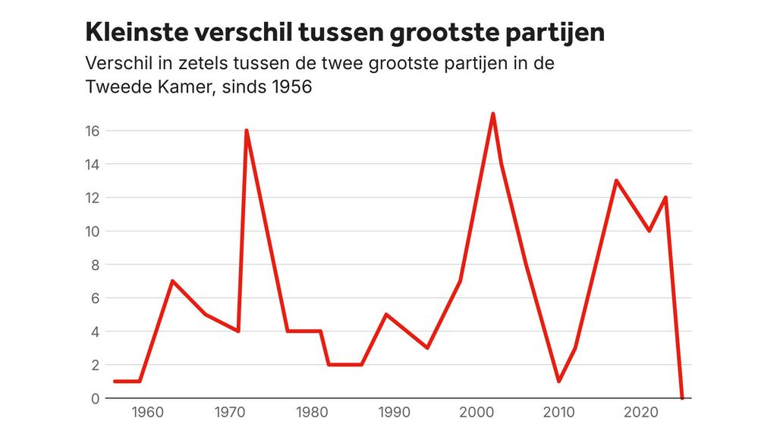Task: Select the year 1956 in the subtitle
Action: pyautogui.click(x=291, y=87)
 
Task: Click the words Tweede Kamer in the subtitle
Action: pyautogui.click(x=144, y=87)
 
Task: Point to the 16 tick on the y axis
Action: pyautogui.click(x=93, y=130)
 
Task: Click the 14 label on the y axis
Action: pyautogui.click(x=93, y=164)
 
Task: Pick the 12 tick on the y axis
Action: pyautogui.click(x=93, y=197)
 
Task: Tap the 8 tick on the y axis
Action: pyautogui.click(x=96, y=264)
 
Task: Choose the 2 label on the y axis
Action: pyautogui.click(x=96, y=365)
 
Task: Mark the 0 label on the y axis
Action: pyautogui.click(x=96, y=398)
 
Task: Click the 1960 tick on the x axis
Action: pyautogui.click(x=148, y=413)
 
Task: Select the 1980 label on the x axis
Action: pyautogui.click(x=312, y=413)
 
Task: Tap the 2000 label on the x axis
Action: pyautogui.click(x=477, y=413)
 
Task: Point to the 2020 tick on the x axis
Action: pyautogui.click(x=641, y=413)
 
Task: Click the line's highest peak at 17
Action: pyautogui.click(x=493, y=114)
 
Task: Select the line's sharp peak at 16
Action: pyautogui.click(x=247, y=130)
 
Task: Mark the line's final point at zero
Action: pyautogui.click(x=682, y=398)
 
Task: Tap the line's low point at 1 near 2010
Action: pyautogui.click(x=559, y=381)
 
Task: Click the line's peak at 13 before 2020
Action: pyautogui.click(x=616, y=181)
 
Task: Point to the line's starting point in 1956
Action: pyautogui.click(x=115, y=381)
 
